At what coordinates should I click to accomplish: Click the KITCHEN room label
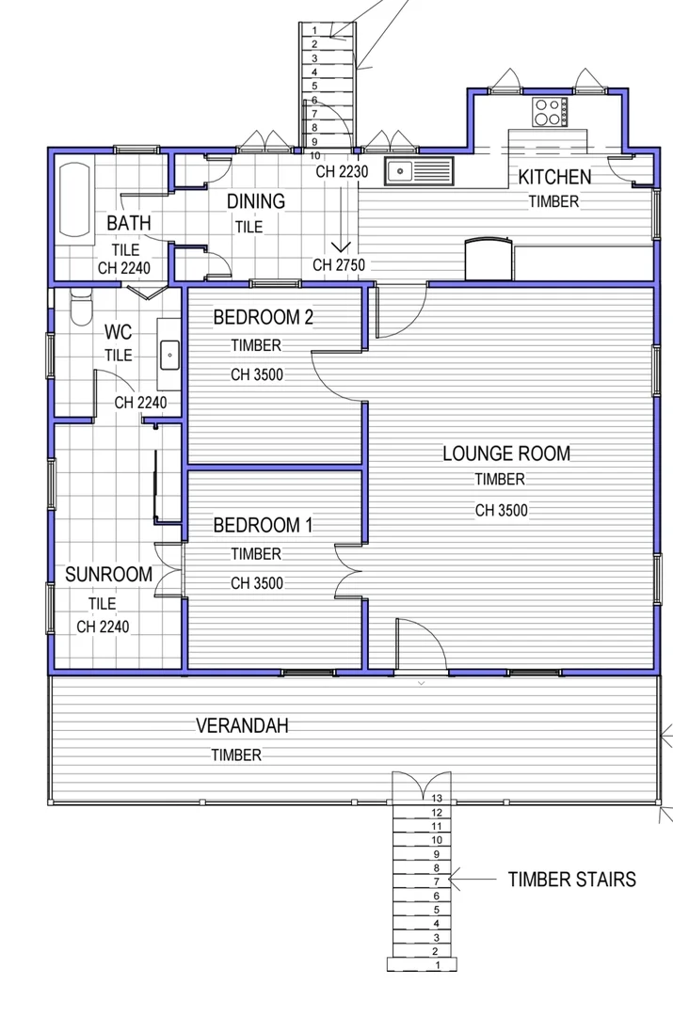[x=554, y=177]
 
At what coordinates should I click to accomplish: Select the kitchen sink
[x=418, y=171]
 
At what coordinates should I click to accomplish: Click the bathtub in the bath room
[x=72, y=199]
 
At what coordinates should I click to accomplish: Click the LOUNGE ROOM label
[x=506, y=453]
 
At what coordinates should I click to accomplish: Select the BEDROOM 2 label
[x=263, y=317]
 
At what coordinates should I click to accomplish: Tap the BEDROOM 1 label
[x=262, y=525]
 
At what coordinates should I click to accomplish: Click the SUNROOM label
[x=108, y=575]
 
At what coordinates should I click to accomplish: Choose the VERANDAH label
[x=242, y=725]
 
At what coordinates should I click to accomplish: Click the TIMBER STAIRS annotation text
[x=571, y=880]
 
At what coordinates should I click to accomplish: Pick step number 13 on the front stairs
[x=437, y=798]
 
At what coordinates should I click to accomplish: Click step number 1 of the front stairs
[x=437, y=965]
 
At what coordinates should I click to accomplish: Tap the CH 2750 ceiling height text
[x=339, y=264]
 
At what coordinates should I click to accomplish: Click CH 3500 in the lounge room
[x=501, y=511]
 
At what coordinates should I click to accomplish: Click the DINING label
[x=256, y=200]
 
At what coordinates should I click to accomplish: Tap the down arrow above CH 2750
[x=341, y=246]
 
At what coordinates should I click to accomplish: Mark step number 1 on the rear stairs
[x=314, y=30]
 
